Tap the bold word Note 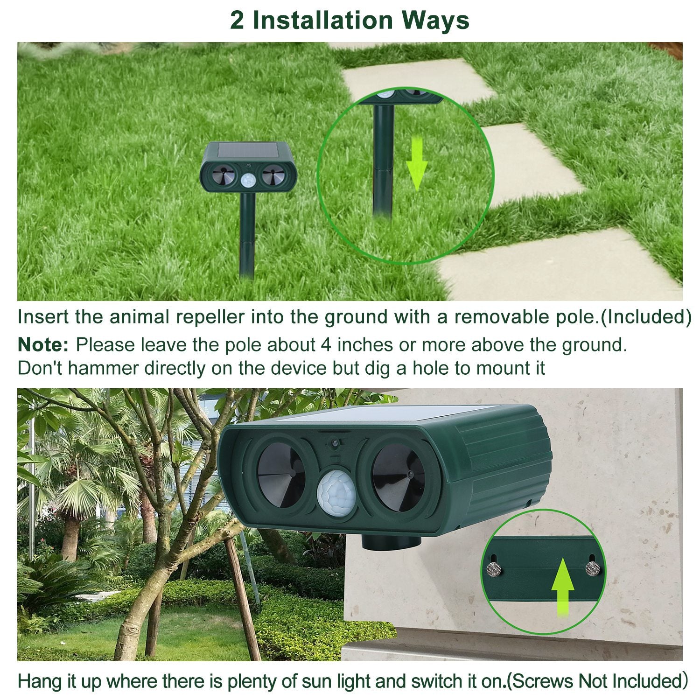(x=43, y=345)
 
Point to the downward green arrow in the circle (x=417, y=163)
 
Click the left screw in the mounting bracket (x=494, y=569)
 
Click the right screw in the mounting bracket (x=593, y=569)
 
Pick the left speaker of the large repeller (x=281, y=476)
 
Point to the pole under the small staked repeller (x=247, y=233)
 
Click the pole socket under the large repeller (x=391, y=542)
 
